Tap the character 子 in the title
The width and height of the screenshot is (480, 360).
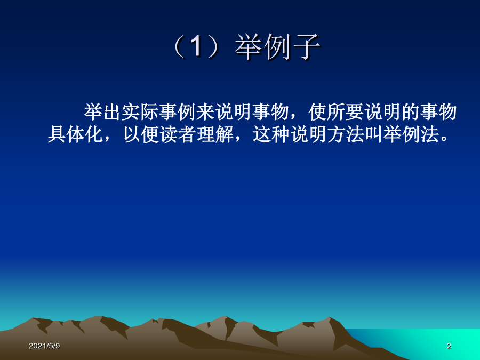307,47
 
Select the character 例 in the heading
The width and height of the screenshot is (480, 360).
278,47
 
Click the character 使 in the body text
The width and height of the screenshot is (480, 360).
317,112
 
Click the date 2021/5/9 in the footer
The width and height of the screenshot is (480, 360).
44,346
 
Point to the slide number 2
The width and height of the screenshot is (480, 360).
449,346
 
